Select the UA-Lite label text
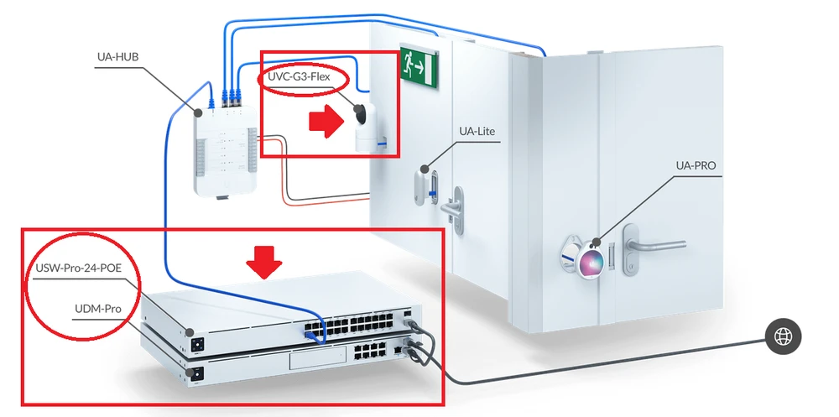click(480, 132)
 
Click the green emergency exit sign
click(418, 64)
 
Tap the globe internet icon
click(784, 337)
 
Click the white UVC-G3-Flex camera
click(367, 126)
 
